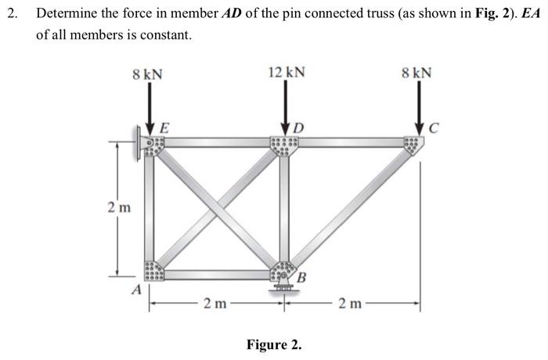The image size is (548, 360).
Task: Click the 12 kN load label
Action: [286, 73]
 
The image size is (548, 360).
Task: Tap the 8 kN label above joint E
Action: [148, 74]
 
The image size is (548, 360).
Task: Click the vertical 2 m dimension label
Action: [119, 208]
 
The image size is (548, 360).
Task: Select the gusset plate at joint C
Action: [413, 146]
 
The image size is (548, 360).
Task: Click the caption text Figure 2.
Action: [274, 344]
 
